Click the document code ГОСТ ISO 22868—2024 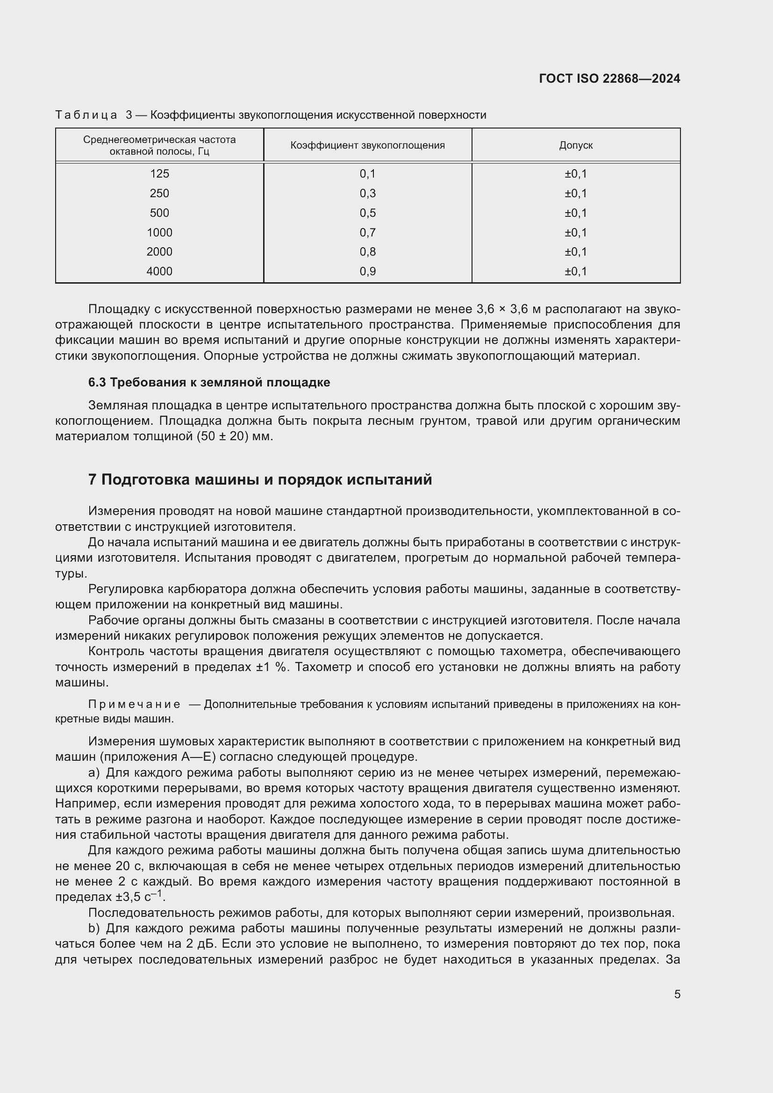(609, 79)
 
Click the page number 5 (677, 994)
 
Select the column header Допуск (575, 145)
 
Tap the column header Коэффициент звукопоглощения (367, 145)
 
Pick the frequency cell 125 (159, 174)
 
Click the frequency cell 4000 (159, 271)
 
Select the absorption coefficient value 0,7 (367, 232)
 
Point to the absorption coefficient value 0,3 (367, 193)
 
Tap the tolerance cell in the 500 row (575, 213)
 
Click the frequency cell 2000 (159, 252)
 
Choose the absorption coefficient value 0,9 (367, 271)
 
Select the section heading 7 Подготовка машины (260, 479)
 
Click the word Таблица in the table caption (86, 115)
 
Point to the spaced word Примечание (134, 704)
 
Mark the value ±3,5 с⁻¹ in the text (140, 897)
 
